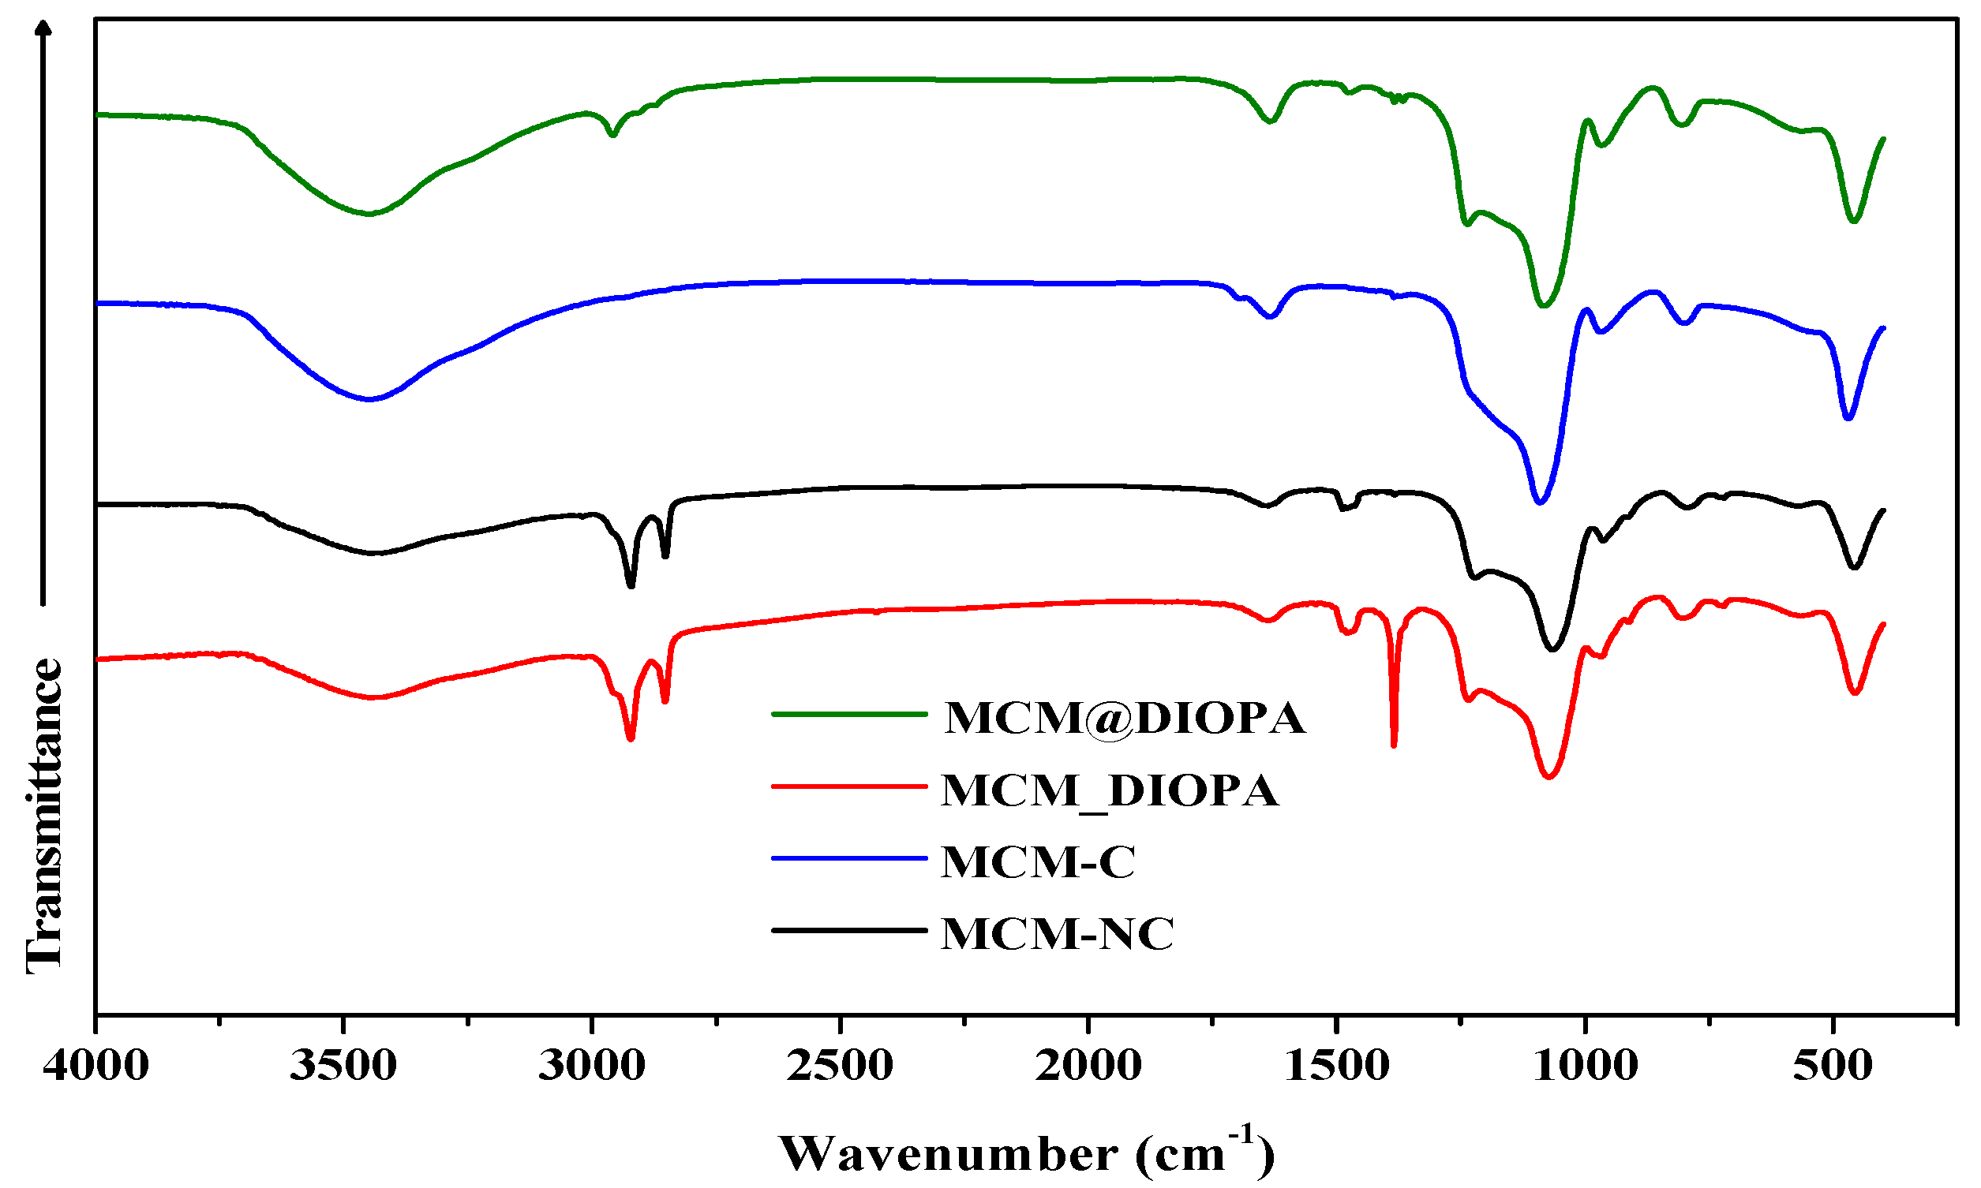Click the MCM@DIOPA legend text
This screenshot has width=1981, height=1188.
pyautogui.click(x=1125, y=718)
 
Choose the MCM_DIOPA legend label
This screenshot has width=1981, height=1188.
pyautogui.click(x=1110, y=791)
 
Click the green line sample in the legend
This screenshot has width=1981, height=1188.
pyautogui.click(x=848, y=713)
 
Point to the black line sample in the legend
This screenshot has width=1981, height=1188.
pyautogui.click(x=848, y=930)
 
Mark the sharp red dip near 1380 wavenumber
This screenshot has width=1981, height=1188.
pyautogui.click(x=1394, y=745)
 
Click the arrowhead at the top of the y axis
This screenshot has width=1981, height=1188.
pyautogui.click(x=44, y=28)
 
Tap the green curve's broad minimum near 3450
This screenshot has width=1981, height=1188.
pyautogui.click(x=369, y=214)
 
